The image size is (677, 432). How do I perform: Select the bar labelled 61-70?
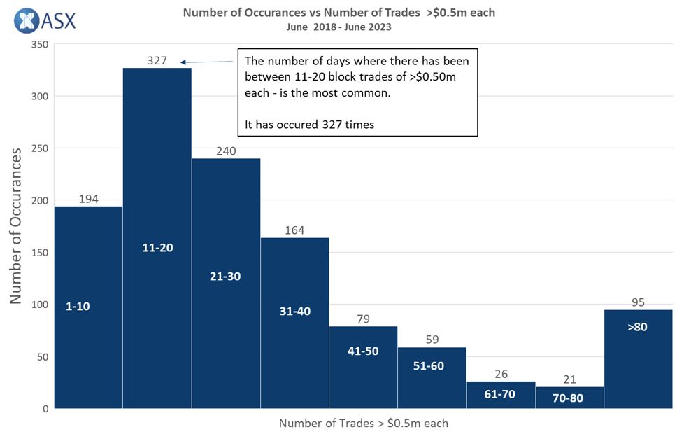(500, 395)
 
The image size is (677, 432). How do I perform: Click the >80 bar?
(637, 358)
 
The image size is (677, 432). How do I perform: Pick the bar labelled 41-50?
(363, 367)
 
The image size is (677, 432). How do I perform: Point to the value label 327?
(157, 60)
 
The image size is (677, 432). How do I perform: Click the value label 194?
(88, 199)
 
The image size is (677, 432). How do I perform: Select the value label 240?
(225, 151)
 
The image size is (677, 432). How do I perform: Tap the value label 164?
(294, 230)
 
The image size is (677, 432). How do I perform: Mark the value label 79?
(363, 319)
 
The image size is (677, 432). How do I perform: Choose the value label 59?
(432, 340)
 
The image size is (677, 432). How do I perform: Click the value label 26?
(500, 375)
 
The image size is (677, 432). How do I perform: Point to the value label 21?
(569, 379)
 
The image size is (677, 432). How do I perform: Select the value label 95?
(637, 302)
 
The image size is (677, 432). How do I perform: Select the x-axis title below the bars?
(363, 423)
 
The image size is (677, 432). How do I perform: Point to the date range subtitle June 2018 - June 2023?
(338, 27)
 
